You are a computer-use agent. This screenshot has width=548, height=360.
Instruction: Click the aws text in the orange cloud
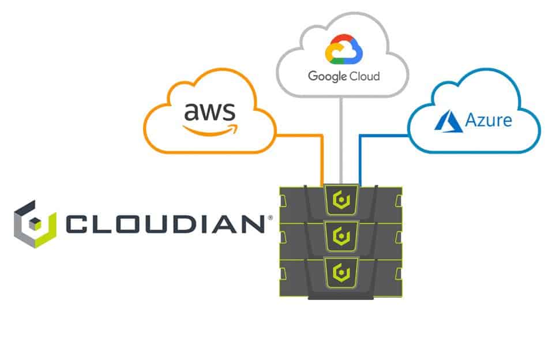pos(205,110)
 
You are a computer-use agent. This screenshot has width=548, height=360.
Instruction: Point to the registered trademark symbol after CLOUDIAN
pos(268,218)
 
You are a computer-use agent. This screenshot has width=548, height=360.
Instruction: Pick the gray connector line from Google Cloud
pos(341,138)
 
